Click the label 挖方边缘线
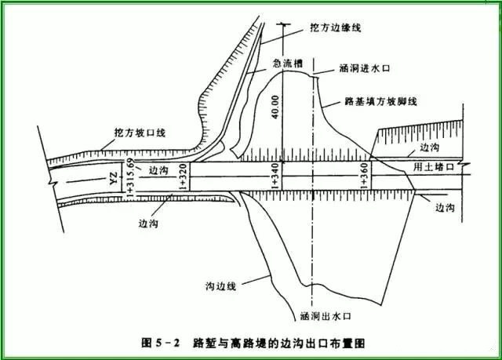click(336, 27)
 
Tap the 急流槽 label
click(288, 64)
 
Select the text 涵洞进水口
click(365, 68)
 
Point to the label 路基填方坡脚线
click(381, 101)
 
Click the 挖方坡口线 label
click(140, 133)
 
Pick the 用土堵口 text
click(434, 167)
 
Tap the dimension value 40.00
click(275, 107)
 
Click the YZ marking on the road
click(114, 178)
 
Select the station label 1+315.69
click(131, 176)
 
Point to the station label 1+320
click(183, 176)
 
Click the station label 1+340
click(275, 176)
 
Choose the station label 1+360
click(364, 176)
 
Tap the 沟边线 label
click(220, 285)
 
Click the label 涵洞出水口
click(326, 316)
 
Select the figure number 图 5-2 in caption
click(161, 343)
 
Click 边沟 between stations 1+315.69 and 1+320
click(158, 170)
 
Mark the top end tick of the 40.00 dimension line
click(282, 24)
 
